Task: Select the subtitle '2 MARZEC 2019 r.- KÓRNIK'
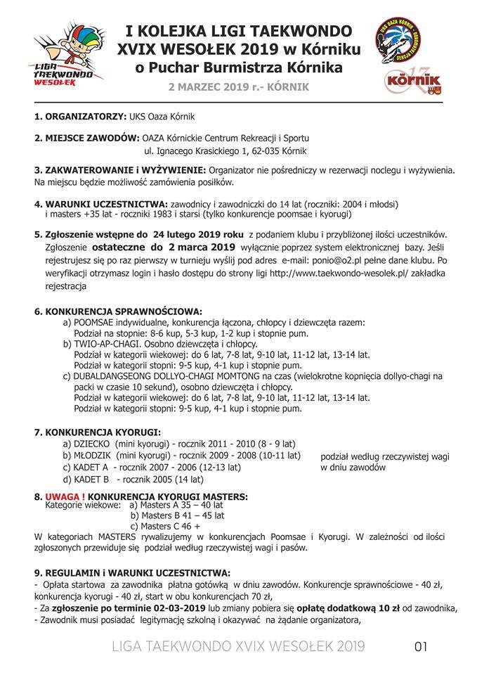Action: click(x=237, y=86)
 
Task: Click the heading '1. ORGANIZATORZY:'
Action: click(x=80, y=116)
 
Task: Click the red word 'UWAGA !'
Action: click(x=66, y=496)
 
